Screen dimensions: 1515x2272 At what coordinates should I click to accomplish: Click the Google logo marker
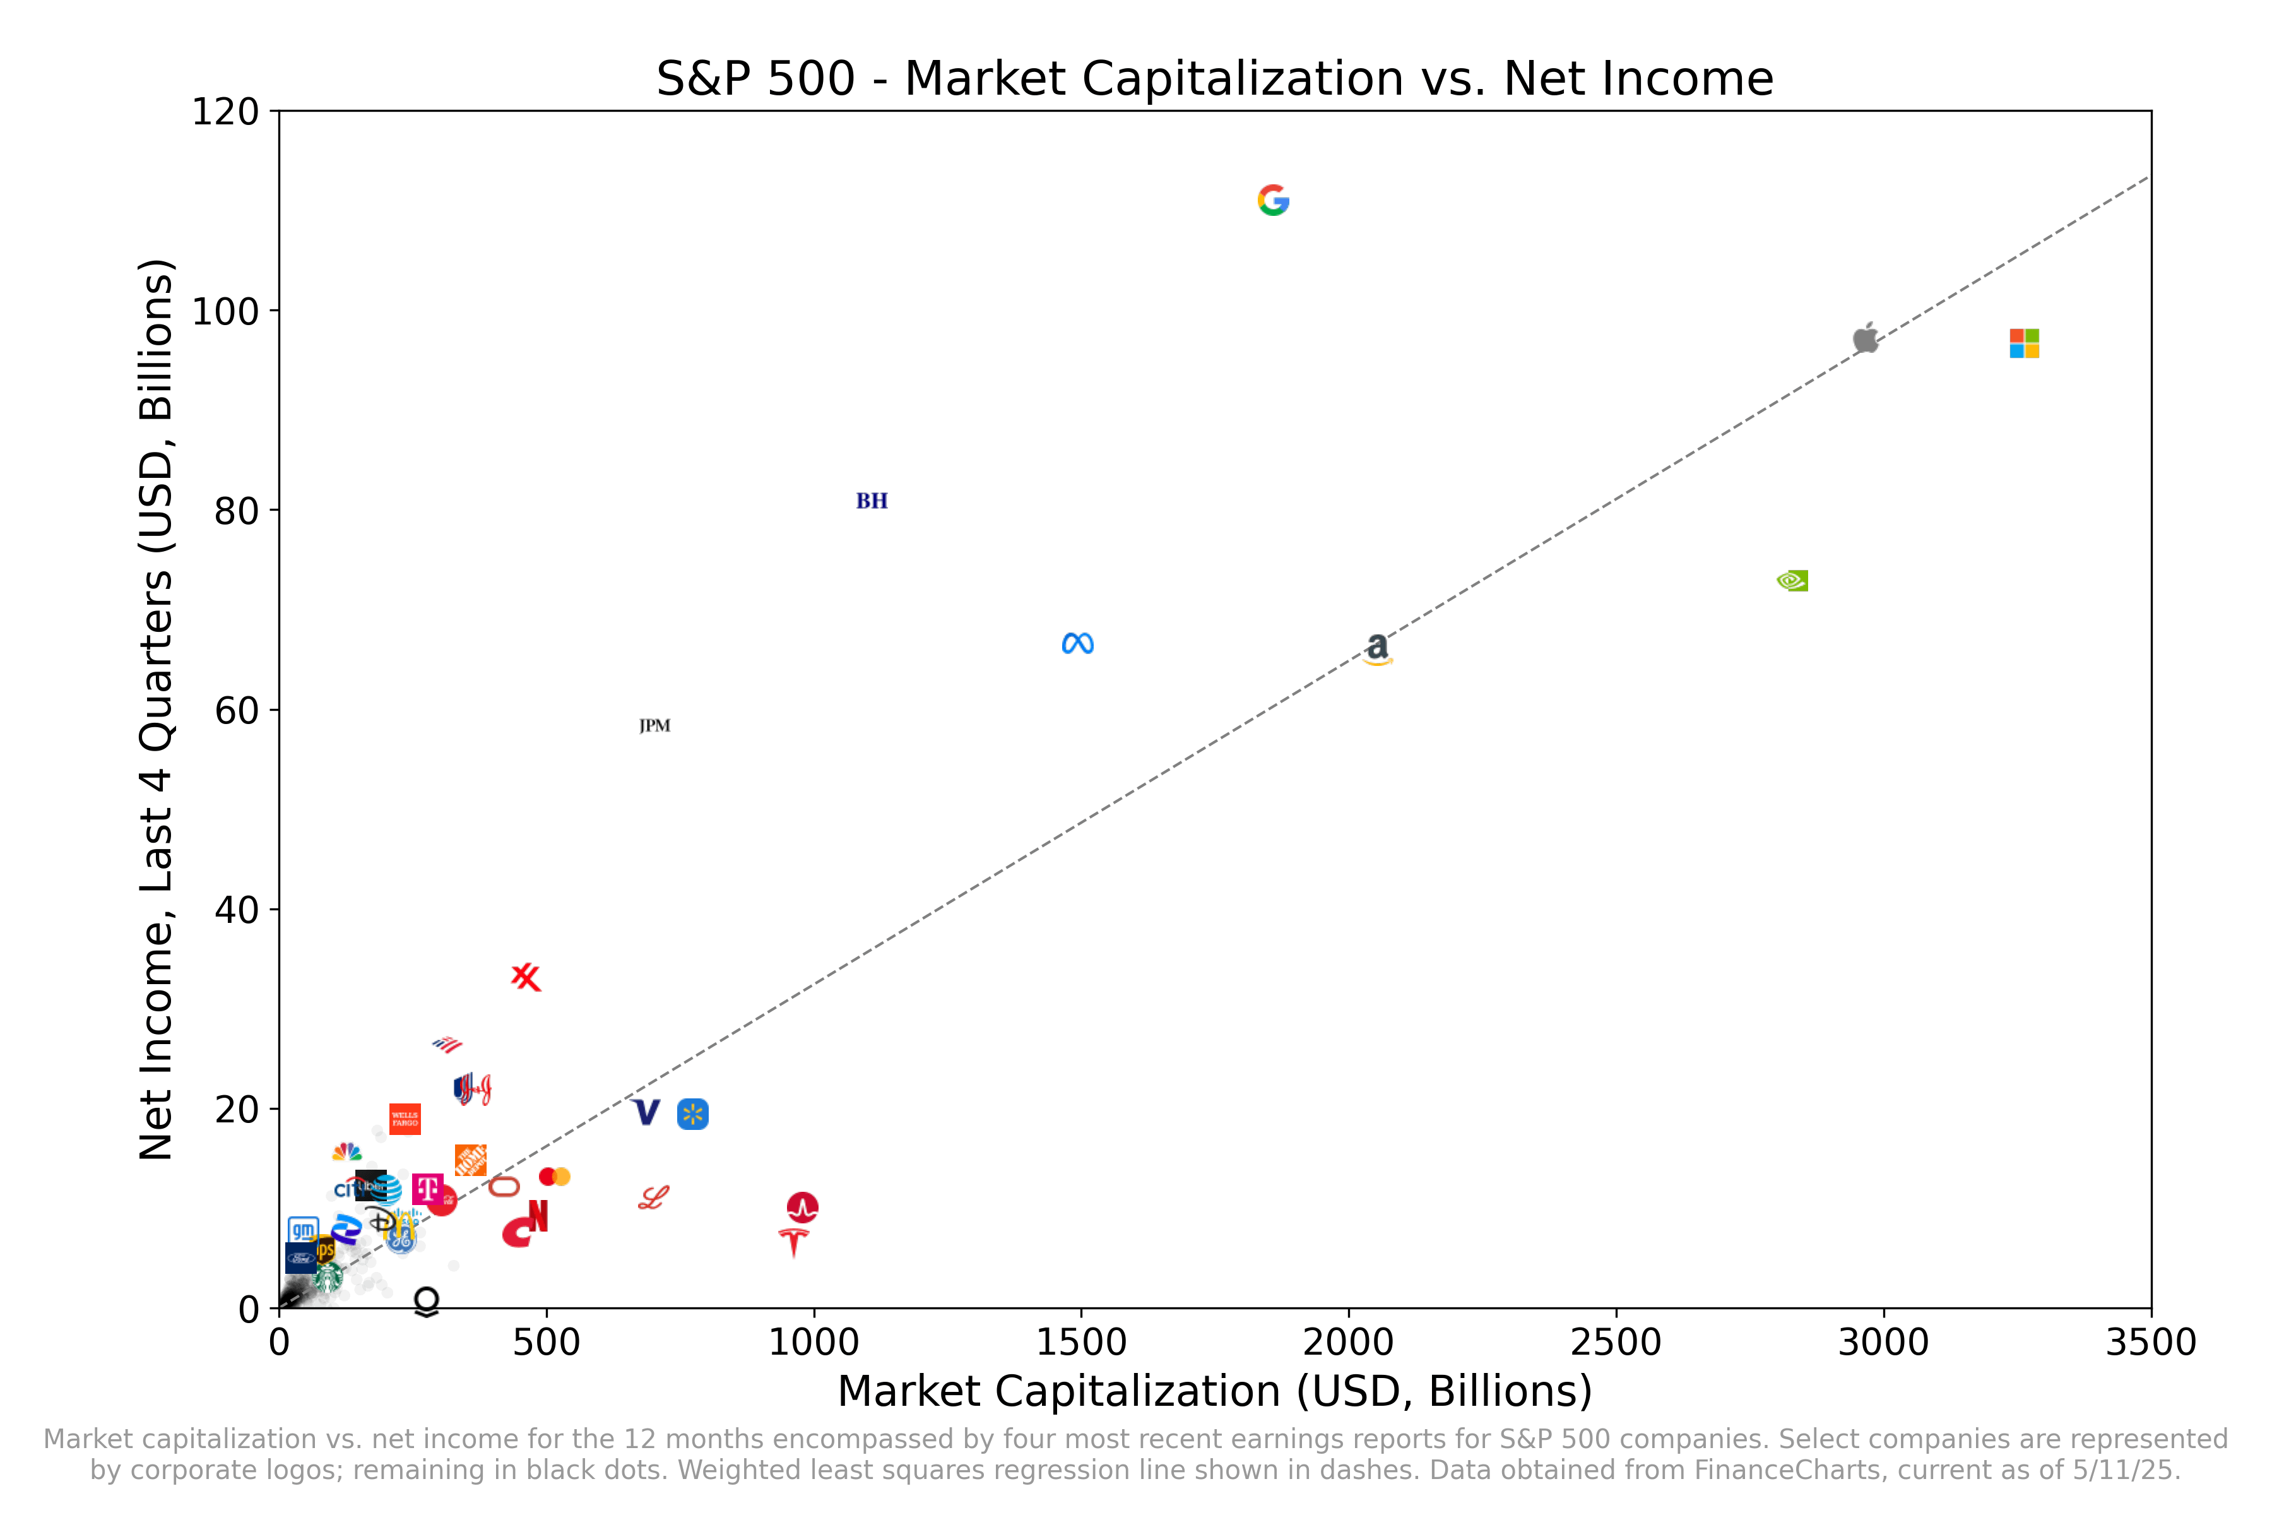(1273, 200)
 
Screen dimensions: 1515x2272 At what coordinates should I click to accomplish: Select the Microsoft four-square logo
(2024, 343)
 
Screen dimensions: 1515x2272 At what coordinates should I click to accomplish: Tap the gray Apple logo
(1866, 337)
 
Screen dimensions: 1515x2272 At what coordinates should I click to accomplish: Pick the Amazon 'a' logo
(1378, 648)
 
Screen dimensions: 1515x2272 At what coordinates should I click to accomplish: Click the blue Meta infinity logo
(1077, 643)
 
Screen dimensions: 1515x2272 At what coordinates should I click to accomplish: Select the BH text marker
(872, 501)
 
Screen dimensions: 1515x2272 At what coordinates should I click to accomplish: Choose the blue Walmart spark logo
(692, 1114)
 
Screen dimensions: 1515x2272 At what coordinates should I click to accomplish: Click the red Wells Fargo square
(405, 1119)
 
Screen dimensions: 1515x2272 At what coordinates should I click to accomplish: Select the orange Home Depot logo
(470, 1160)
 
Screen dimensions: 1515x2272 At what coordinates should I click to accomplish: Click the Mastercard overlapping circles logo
(555, 1176)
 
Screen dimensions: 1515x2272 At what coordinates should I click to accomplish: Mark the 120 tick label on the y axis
(225, 112)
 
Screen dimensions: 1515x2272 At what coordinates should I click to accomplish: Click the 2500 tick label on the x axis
(1615, 1342)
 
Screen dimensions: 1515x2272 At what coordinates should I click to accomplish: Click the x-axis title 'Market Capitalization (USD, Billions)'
(1214, 1391)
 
